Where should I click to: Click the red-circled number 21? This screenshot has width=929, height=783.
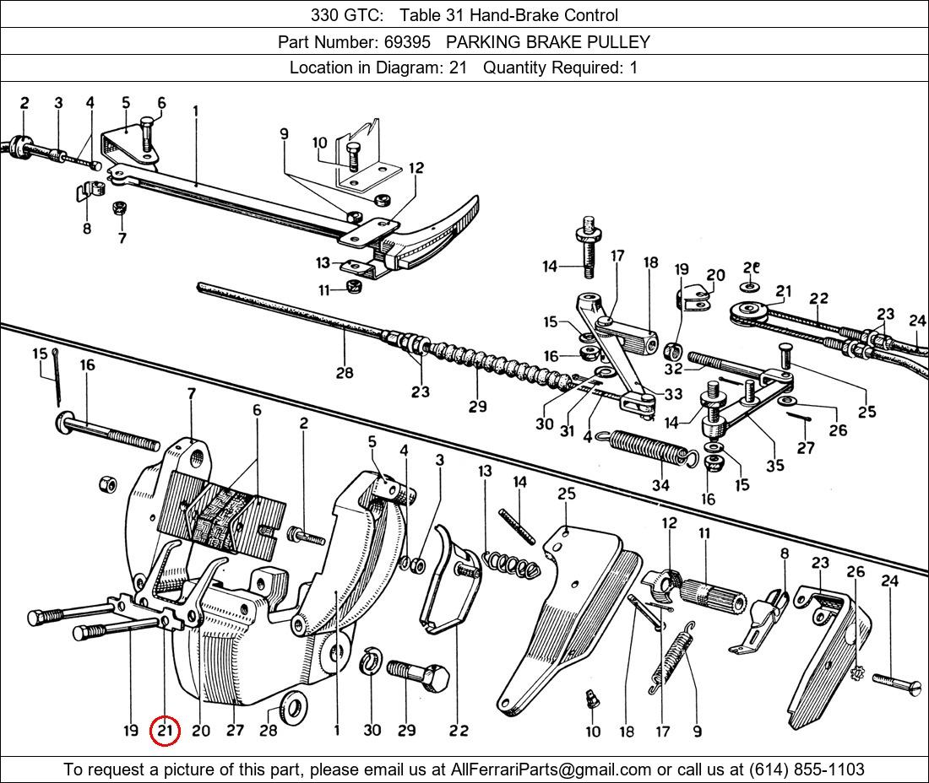(165, 731)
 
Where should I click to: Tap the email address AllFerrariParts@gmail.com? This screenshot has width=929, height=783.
(551, 769)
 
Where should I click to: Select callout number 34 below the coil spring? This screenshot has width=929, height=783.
(660, 484)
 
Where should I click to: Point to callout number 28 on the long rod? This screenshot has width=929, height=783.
(344, 372)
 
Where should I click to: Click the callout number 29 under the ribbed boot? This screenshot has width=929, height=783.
(478, 406)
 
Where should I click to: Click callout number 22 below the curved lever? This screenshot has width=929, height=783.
(458, 731)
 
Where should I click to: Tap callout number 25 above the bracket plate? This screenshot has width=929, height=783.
(566, 493)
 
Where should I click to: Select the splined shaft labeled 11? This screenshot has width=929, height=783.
(714, 594)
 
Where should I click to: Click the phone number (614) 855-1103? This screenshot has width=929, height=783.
(807, 769)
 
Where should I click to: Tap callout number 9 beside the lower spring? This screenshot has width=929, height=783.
(697, 731)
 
